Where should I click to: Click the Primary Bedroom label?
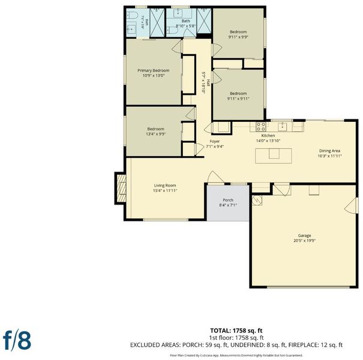pyautogui.click(x=153, y=70)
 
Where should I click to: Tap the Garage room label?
pyautogui.click(x=304, y=235)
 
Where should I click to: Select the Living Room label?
pyautogui.click(x=165, y=185)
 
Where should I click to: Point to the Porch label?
pyautogui.click(x=228, y=200)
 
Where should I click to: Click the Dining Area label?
pyautogui.click(x=329, y=151)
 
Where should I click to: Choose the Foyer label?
pyautogui.click(x=215, y=141)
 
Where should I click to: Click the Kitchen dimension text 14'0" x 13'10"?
pyautogui.click(x=268, y=141)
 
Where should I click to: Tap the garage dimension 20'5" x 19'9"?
pyautogui.click(x=304, y=241)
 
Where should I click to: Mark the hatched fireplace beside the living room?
pyautogui.click(x=121, y=188)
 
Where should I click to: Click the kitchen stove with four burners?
pyautogui.click(x=260, y=127)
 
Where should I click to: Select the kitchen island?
pyautogui.click(x=274, y=156)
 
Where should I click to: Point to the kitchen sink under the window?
pyautogui.click(x=282, y=127)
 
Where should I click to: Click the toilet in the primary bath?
pyautogui.click(x=131, y=15)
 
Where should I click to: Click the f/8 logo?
pyautogui.click(x=17, y=340)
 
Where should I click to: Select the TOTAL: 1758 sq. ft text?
pyautogui.click(x=236, y=331)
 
